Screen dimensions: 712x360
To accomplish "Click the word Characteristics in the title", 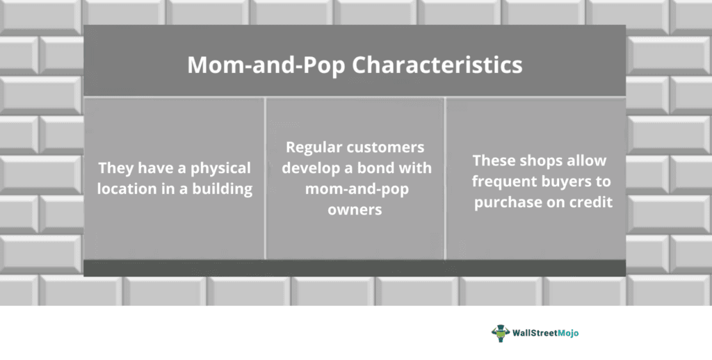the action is click(x=437, y=65).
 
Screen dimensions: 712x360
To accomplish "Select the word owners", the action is click(x=355, y=210).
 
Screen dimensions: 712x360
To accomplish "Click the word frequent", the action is click(x=504, y=182).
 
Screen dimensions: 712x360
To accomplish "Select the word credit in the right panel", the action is click(x=590, y=202).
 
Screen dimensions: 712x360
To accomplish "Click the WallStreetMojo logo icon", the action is click(x=501, y=333).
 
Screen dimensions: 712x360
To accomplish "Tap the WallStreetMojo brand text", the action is click(x=545, y=333).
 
